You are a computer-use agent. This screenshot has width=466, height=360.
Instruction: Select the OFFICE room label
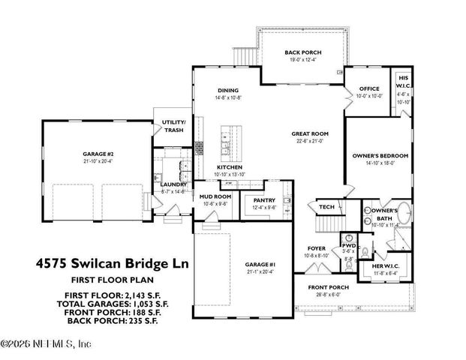[x=368, y=88]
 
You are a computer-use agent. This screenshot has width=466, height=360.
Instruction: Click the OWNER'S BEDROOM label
[x=380, y=156]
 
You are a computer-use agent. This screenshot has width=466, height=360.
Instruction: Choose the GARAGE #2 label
[x=98, y=153]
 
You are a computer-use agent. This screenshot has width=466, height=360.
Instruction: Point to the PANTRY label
[x=264, y=200]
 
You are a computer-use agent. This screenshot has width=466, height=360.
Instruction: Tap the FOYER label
[x=317, y=248]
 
